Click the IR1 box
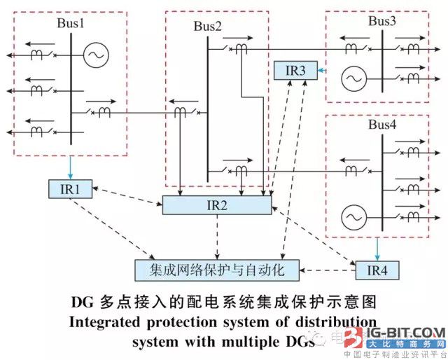point(67,188)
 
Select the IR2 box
point(216,205)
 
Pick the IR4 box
point(376,270)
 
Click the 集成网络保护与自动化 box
point(218,268)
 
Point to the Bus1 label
point(70,22)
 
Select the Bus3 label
point(382,21)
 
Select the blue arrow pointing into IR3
point(321,70)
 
